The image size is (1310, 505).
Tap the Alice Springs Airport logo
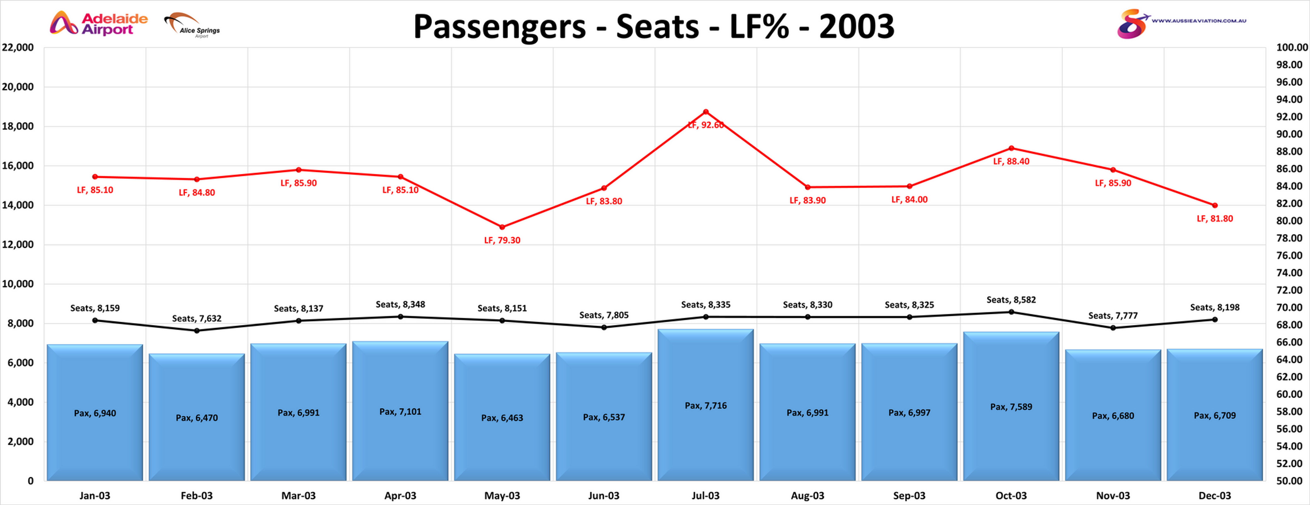[x=192, y=25]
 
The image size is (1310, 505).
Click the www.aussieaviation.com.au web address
[x=1199, y=21]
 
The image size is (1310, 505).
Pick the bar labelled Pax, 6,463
[x=502, y=418]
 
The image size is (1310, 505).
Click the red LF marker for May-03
[x=502, y=227]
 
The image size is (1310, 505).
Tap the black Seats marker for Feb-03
[x=197, y=331]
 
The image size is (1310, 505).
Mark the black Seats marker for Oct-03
[x=1011, y=312]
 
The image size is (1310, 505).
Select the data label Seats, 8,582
[x=1011, y=300]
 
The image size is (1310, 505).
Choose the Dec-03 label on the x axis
[x=1214, y=495]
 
